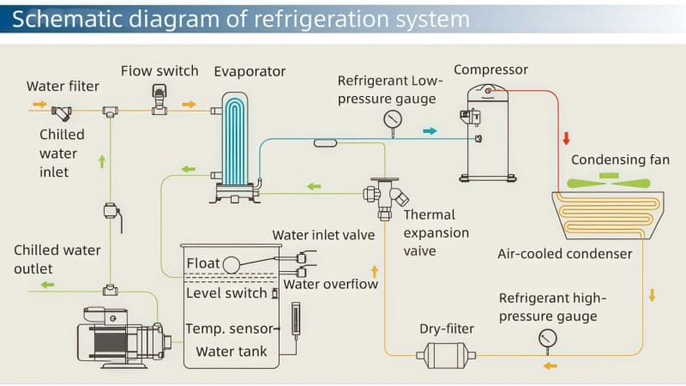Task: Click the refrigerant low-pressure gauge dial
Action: tap(393, 118)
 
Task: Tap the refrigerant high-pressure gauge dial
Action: tap(547, 339)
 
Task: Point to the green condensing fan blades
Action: tap(609, 182)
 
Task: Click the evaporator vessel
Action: tap(233, 146)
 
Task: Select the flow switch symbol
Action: tap(159, 100)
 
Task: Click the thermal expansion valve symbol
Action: tap(383, 193)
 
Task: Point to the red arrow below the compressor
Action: tap(566, 139)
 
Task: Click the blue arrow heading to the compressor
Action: tap(430, 131)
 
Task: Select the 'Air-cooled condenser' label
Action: tap(564, 253)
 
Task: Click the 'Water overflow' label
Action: tap(330, 284)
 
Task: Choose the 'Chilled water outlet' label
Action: tap(57, 258)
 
